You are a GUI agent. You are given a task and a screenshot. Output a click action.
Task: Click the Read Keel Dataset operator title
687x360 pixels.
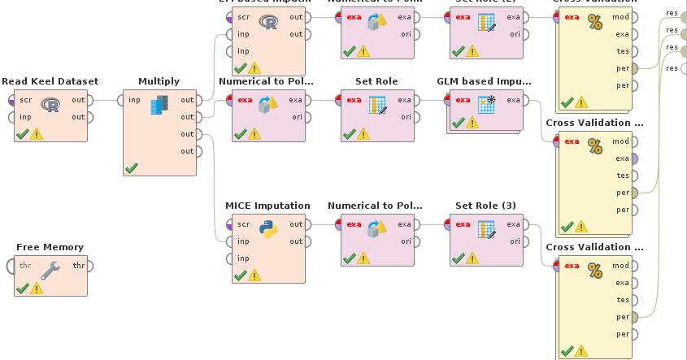point(50,81)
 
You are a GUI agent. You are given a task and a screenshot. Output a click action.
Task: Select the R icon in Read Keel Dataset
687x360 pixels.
point(50,106)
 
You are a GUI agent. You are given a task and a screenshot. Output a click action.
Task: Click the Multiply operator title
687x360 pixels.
point(159,81)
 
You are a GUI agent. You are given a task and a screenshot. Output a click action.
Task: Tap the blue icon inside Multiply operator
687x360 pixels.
point(159,104)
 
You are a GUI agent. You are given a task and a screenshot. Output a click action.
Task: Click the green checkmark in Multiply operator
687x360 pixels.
point(131,167)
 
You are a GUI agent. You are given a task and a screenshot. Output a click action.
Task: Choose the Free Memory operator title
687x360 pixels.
point(50,247)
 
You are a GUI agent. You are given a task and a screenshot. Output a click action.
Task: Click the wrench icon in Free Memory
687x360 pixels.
point(50,271)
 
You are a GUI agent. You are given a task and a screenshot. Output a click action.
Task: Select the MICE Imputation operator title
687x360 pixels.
point(267,206)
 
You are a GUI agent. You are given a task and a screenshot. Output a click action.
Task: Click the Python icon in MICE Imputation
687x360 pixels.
point(268,229)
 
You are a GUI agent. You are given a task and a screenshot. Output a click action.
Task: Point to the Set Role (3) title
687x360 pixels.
point(485,206)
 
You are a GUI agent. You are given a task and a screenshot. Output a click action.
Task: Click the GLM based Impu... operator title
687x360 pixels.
point(484,81)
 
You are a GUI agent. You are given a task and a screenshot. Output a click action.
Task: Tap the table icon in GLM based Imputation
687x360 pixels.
point(486,104)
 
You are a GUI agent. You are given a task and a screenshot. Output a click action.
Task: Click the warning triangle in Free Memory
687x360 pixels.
point(37,288)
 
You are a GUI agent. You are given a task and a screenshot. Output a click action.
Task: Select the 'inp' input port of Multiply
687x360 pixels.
point(120,100)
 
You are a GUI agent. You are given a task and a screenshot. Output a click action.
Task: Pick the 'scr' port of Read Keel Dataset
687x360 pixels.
point(11,100)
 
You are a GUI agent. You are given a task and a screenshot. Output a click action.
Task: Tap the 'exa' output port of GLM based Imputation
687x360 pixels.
point(526,100)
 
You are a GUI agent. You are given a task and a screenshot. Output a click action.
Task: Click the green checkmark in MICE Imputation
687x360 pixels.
point(240,275)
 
